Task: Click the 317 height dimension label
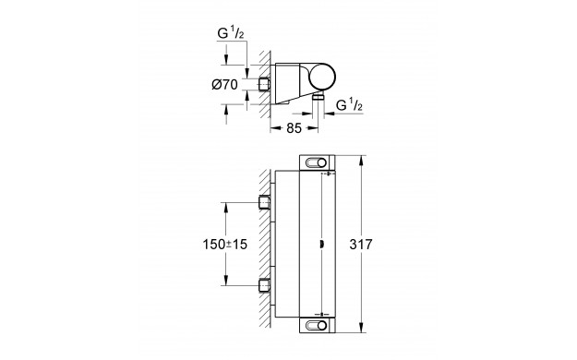[x=361, y=244]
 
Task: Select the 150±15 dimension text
[x=225, y=244]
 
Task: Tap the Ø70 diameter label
[x=225, y=85]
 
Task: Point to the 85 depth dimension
[x=294, y=128]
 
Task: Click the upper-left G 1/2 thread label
[x=231, y=33]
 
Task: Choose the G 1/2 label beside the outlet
[x=349, y=105]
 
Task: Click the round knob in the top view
[x=322, y=78]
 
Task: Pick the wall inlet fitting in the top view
[x=265, y=84]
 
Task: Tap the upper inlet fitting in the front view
[x=265, y=202]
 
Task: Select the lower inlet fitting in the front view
[x=265, y=285]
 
